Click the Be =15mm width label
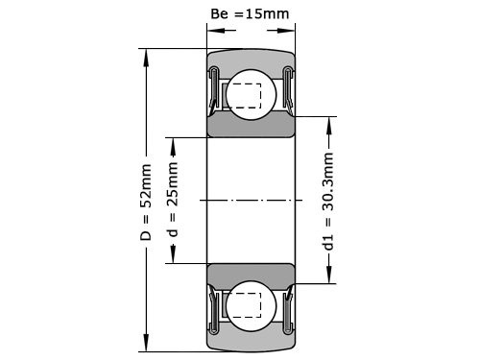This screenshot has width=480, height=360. click(251, 14)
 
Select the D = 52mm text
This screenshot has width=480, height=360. click(146, 203)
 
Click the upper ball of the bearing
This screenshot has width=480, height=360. click(251, 93)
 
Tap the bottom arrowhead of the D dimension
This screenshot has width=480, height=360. click(146, 347)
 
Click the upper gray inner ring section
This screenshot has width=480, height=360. click(251, 126)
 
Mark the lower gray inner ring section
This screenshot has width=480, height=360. click(251, 273)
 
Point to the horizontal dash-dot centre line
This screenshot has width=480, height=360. click(251, 200)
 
